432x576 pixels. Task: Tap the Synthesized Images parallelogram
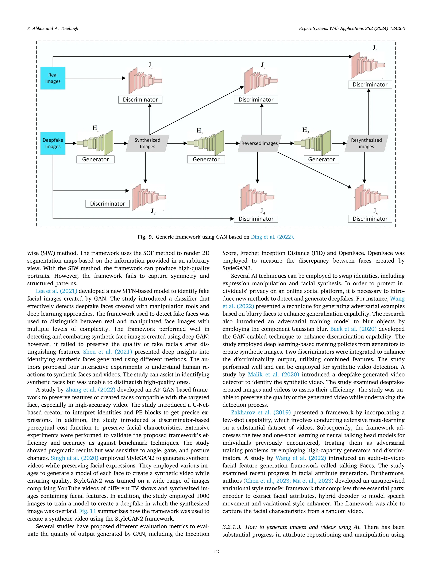tap(147, 143)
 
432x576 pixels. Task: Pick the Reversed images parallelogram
tap(259, 143)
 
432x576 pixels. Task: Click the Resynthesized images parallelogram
tap(366, 143)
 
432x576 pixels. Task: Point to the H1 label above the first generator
tap(96, 128)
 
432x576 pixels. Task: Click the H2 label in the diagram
tap(200, 131)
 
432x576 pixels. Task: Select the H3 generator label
tap(306, 130)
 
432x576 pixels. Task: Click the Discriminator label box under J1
tap(140, 100)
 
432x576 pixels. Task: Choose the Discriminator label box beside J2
tap(107, 204)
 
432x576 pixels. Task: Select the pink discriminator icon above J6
tap(371, 197)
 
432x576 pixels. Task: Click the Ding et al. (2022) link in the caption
tap(272, 237)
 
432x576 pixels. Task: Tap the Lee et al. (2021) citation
tap(57, 291)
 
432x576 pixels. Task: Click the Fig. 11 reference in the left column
tap(88, 511)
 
